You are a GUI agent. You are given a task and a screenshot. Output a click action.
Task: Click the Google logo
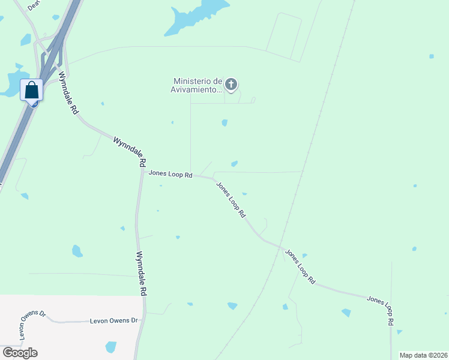click(20, 352)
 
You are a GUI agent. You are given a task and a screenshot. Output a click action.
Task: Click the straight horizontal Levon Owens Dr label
click(114, 320)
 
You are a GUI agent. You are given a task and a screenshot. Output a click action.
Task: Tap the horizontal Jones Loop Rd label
click(170, 175)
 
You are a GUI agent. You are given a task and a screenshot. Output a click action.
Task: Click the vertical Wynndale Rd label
click(142, 273)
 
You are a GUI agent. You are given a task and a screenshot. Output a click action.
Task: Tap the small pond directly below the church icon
click(224, 123)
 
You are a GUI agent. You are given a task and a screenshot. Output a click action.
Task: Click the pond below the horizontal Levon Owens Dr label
click(111, 347)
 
